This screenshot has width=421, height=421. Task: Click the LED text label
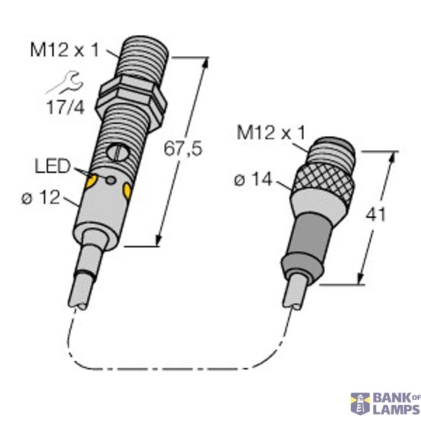[53, 167]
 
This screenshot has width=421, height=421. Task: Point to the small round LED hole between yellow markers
[110, 180]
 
